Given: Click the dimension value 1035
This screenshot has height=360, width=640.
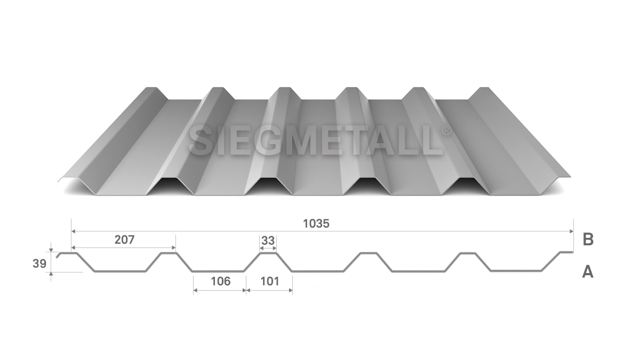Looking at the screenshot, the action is point(316,223).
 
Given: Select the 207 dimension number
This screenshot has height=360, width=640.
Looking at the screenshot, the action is point(125,239).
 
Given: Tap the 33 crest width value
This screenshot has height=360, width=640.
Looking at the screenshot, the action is point(268,241).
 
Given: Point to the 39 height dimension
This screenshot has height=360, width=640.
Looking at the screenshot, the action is point(39,263).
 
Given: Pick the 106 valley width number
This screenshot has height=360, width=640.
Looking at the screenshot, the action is point(221,282).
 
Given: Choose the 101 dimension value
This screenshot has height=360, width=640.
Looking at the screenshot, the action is point(270,282).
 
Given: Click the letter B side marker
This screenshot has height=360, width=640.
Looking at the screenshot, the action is point(588,239).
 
